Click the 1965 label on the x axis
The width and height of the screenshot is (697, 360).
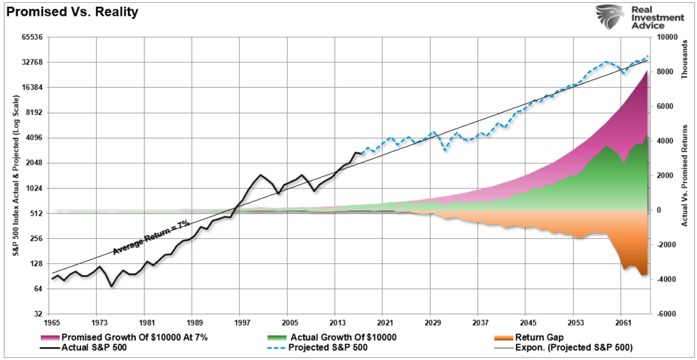coord(52,322)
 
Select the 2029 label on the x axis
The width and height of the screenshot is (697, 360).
coord(431,322)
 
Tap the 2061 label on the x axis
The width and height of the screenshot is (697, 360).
coord(621,322)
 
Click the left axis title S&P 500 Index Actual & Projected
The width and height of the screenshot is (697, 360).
coord(14,175)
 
